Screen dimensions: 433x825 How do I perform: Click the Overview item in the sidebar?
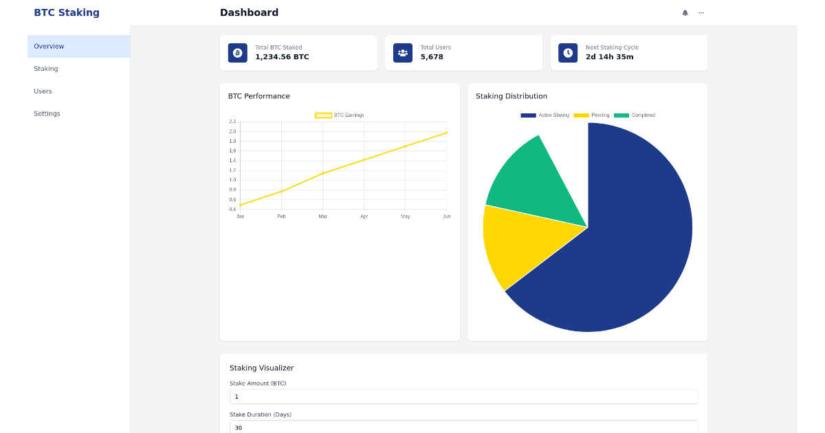coord(49,47)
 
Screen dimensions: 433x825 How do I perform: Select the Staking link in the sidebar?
coord(46,69)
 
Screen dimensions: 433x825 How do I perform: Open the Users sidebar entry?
coord(43,91)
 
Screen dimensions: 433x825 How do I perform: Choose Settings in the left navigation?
coord(47,113)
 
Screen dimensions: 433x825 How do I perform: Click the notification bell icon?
coord(685,12)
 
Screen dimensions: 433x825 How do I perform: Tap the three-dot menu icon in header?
coord(701,12)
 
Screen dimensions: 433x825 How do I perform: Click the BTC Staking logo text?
coord(67,12)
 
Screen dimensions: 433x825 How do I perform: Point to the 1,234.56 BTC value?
coord(282,57)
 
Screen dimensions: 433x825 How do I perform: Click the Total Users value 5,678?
coord(432,57)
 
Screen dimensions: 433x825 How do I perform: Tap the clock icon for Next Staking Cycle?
coord(568,53)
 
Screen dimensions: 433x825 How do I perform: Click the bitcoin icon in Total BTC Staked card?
coord(238,53)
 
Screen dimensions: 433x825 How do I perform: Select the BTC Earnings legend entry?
coord(340,115)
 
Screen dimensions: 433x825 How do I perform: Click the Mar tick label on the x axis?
coord(323,216)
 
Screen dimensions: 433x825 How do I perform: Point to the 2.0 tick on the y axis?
coord(232,131)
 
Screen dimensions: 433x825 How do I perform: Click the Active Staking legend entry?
coord(545,115)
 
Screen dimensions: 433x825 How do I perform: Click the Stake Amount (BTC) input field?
coord(463,397)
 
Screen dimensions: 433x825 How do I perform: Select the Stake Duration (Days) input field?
coord(463,427)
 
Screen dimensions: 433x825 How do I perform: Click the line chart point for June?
coord(446,133)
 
